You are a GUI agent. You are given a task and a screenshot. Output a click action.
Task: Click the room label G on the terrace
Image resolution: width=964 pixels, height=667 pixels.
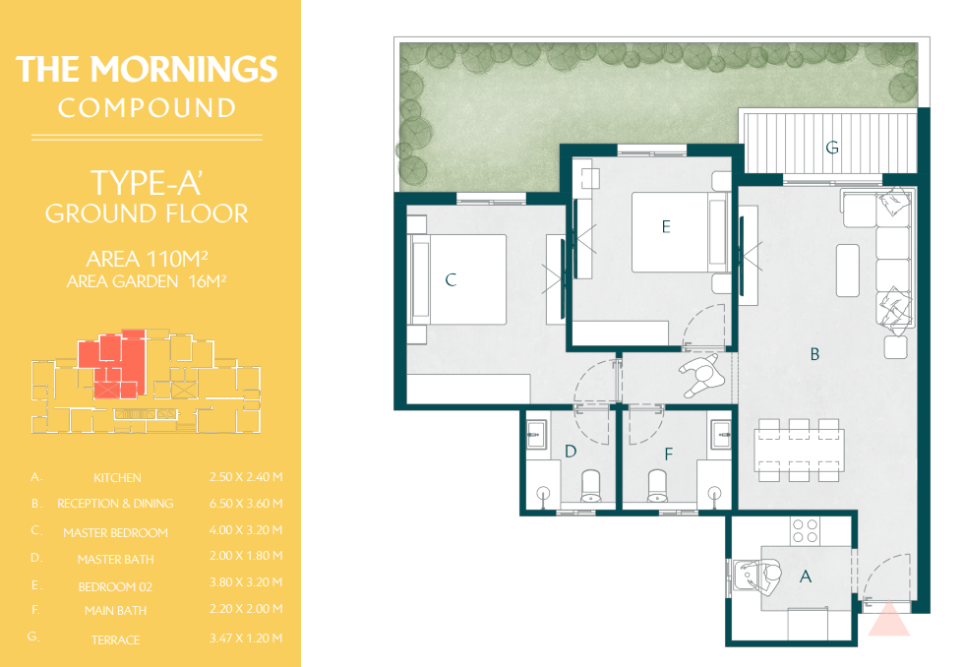click(832, 148)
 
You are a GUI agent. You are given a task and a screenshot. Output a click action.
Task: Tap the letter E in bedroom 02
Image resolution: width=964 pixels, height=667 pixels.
click(666, 227)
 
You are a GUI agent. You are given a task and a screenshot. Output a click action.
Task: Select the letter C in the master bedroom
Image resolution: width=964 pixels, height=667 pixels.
click(451, 280)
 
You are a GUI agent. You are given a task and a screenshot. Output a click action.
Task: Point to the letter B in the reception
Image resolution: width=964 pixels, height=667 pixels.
click(814, 354)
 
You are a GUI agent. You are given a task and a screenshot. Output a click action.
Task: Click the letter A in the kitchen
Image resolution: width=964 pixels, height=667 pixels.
click(806, 576)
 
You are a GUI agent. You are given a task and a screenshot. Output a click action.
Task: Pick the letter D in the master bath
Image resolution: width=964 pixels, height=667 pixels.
click(571, 452)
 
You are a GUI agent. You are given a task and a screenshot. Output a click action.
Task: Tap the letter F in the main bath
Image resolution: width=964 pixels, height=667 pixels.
click(669, 455)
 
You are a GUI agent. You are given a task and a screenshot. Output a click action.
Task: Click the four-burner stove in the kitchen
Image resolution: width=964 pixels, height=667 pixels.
click(806, 531)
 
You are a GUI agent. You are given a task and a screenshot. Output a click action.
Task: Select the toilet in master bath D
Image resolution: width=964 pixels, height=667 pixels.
click(591, 487)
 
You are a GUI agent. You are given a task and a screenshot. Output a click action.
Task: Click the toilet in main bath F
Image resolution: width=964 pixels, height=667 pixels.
click(657, 487)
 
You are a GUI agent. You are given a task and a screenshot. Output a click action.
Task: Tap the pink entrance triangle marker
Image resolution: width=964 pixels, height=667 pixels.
click(888, 619)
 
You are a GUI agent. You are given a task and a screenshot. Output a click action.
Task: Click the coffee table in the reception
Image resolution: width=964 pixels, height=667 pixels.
click(848, 271)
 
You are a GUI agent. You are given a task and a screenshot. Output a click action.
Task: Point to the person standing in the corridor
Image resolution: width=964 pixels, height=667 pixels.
click(702, 375)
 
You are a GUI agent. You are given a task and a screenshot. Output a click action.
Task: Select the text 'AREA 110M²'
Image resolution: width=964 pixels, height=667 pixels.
click(147, 260)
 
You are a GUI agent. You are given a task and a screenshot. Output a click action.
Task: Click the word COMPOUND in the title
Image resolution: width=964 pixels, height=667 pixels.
click(147, 108)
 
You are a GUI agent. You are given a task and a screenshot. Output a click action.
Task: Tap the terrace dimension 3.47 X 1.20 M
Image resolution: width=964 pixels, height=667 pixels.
click(246, 638)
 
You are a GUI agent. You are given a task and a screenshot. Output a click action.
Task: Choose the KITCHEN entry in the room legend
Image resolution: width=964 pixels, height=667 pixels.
click(117, 478)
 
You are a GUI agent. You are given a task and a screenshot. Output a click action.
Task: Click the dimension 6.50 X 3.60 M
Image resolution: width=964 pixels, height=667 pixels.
click(246, 504)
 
